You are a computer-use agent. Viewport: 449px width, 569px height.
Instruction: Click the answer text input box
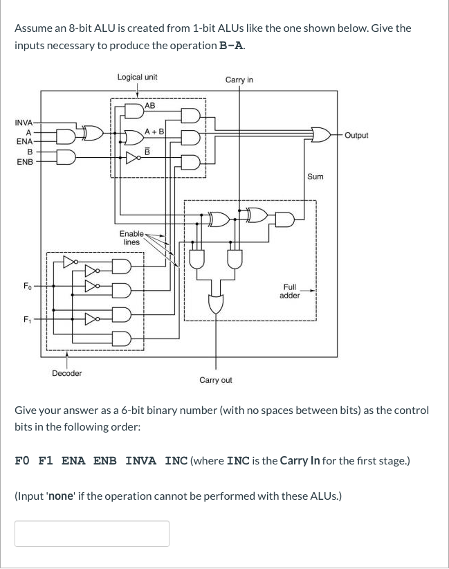pyautogui.click(x=92, y=534)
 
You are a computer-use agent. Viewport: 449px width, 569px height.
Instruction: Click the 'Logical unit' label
pyautogui.click(x=137, y=77)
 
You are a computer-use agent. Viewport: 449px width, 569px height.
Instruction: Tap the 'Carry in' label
pyautogui.click(x=239, y=80)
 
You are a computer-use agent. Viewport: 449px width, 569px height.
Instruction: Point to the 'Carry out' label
pyautogui.click(x=216, y=380)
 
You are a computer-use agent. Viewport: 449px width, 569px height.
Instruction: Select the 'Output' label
pyautogui.click(x=356, y=135)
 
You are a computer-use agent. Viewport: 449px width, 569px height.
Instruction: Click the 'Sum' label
pyautogui.click(x=315, y=177)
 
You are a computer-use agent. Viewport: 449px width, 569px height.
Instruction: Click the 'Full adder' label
pyautogui.click(x=289, y=291)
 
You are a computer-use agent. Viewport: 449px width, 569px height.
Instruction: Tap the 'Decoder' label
pyautogui.click(x=67, y=373)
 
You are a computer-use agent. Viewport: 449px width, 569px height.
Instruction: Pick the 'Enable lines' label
pyautogui.click(x=131, y=238)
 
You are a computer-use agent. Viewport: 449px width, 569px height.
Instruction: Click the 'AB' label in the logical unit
pyautogui.click(x=150, y=106)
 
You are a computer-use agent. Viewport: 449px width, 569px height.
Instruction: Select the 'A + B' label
pyautogui.click(x=154, y=132)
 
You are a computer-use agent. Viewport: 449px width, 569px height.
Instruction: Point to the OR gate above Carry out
pyautogui.click(x=217, y=303)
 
